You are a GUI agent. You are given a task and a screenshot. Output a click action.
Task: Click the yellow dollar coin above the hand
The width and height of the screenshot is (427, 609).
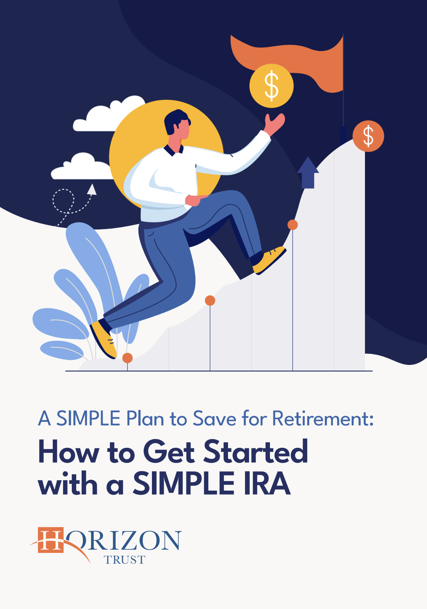(x=271, y=86)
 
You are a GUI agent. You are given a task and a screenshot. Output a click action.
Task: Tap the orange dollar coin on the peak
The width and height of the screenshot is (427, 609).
(x=368, y=136)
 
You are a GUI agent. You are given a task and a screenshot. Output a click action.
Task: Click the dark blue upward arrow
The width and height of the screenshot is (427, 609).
(x=308, y=172)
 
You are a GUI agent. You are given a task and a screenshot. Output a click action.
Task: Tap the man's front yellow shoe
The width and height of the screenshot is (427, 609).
(x=269, y=260)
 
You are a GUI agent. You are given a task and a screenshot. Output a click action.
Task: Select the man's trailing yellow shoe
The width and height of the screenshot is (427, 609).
(x=104, y=339)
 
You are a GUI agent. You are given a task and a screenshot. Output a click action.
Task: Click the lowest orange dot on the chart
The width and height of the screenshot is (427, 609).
(x=127, y=358)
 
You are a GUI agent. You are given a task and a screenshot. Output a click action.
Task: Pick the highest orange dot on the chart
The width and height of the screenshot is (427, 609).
(x=293, y=224)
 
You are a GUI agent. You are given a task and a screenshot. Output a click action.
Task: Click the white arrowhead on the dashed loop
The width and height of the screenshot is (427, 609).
(x=92, y=189)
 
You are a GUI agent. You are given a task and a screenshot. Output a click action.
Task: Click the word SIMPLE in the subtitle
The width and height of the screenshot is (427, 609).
(x=88, y=419)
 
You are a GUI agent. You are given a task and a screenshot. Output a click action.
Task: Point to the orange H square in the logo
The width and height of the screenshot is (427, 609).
(x=51, y=540)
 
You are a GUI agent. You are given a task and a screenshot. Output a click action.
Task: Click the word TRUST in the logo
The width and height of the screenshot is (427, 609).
(x=125, y=560)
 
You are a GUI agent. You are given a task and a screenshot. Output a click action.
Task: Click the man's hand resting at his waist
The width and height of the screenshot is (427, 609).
(x=193, y=200)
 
